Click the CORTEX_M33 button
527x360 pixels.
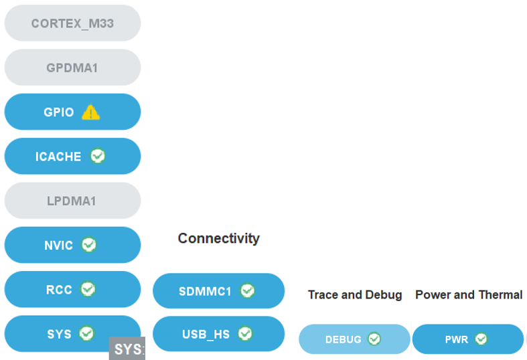tap(72, 23)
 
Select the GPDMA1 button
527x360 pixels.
tap(72, 68)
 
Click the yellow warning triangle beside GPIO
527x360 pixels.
tap(90, 112)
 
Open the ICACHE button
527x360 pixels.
tap(58, 157)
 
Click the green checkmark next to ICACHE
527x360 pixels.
tap(98, 156)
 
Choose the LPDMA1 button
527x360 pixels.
tap(72, 201)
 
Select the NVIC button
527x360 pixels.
tap(58, 246)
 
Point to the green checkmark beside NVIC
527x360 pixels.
tap(89, 245)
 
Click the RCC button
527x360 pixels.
tap(58, 290)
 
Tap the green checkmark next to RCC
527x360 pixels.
tap(88, 289)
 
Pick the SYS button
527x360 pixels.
tap(58, 333)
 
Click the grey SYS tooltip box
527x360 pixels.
tap(127, 349)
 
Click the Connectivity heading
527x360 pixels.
tap(218, 238)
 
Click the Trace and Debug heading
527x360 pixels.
tap(355, 294)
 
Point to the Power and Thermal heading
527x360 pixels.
tap(469, 294)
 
